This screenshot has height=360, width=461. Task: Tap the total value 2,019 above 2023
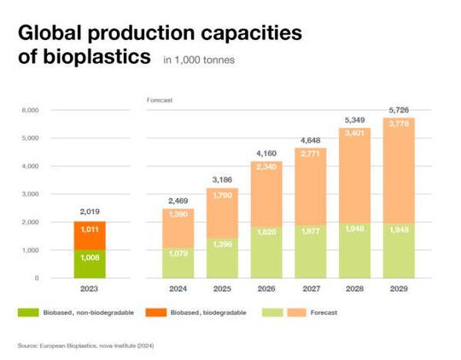pyautogui.click(x=89, y=211)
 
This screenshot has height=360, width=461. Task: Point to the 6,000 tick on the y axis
pyautogui.click(x=30, y=110)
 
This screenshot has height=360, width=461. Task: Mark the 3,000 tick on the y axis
pyautogui.click(x=30, y=195)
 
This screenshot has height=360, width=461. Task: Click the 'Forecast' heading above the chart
pyautogui.click(x=160, y=100)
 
